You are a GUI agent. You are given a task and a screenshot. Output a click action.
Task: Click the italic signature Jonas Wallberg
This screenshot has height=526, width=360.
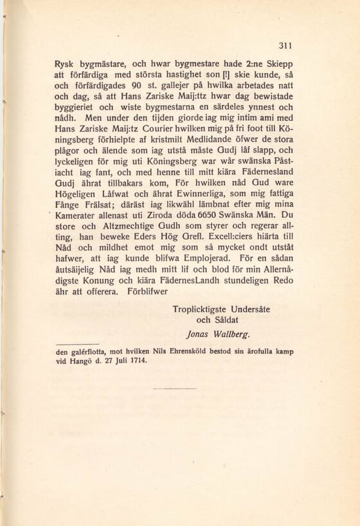coord(217,334)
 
